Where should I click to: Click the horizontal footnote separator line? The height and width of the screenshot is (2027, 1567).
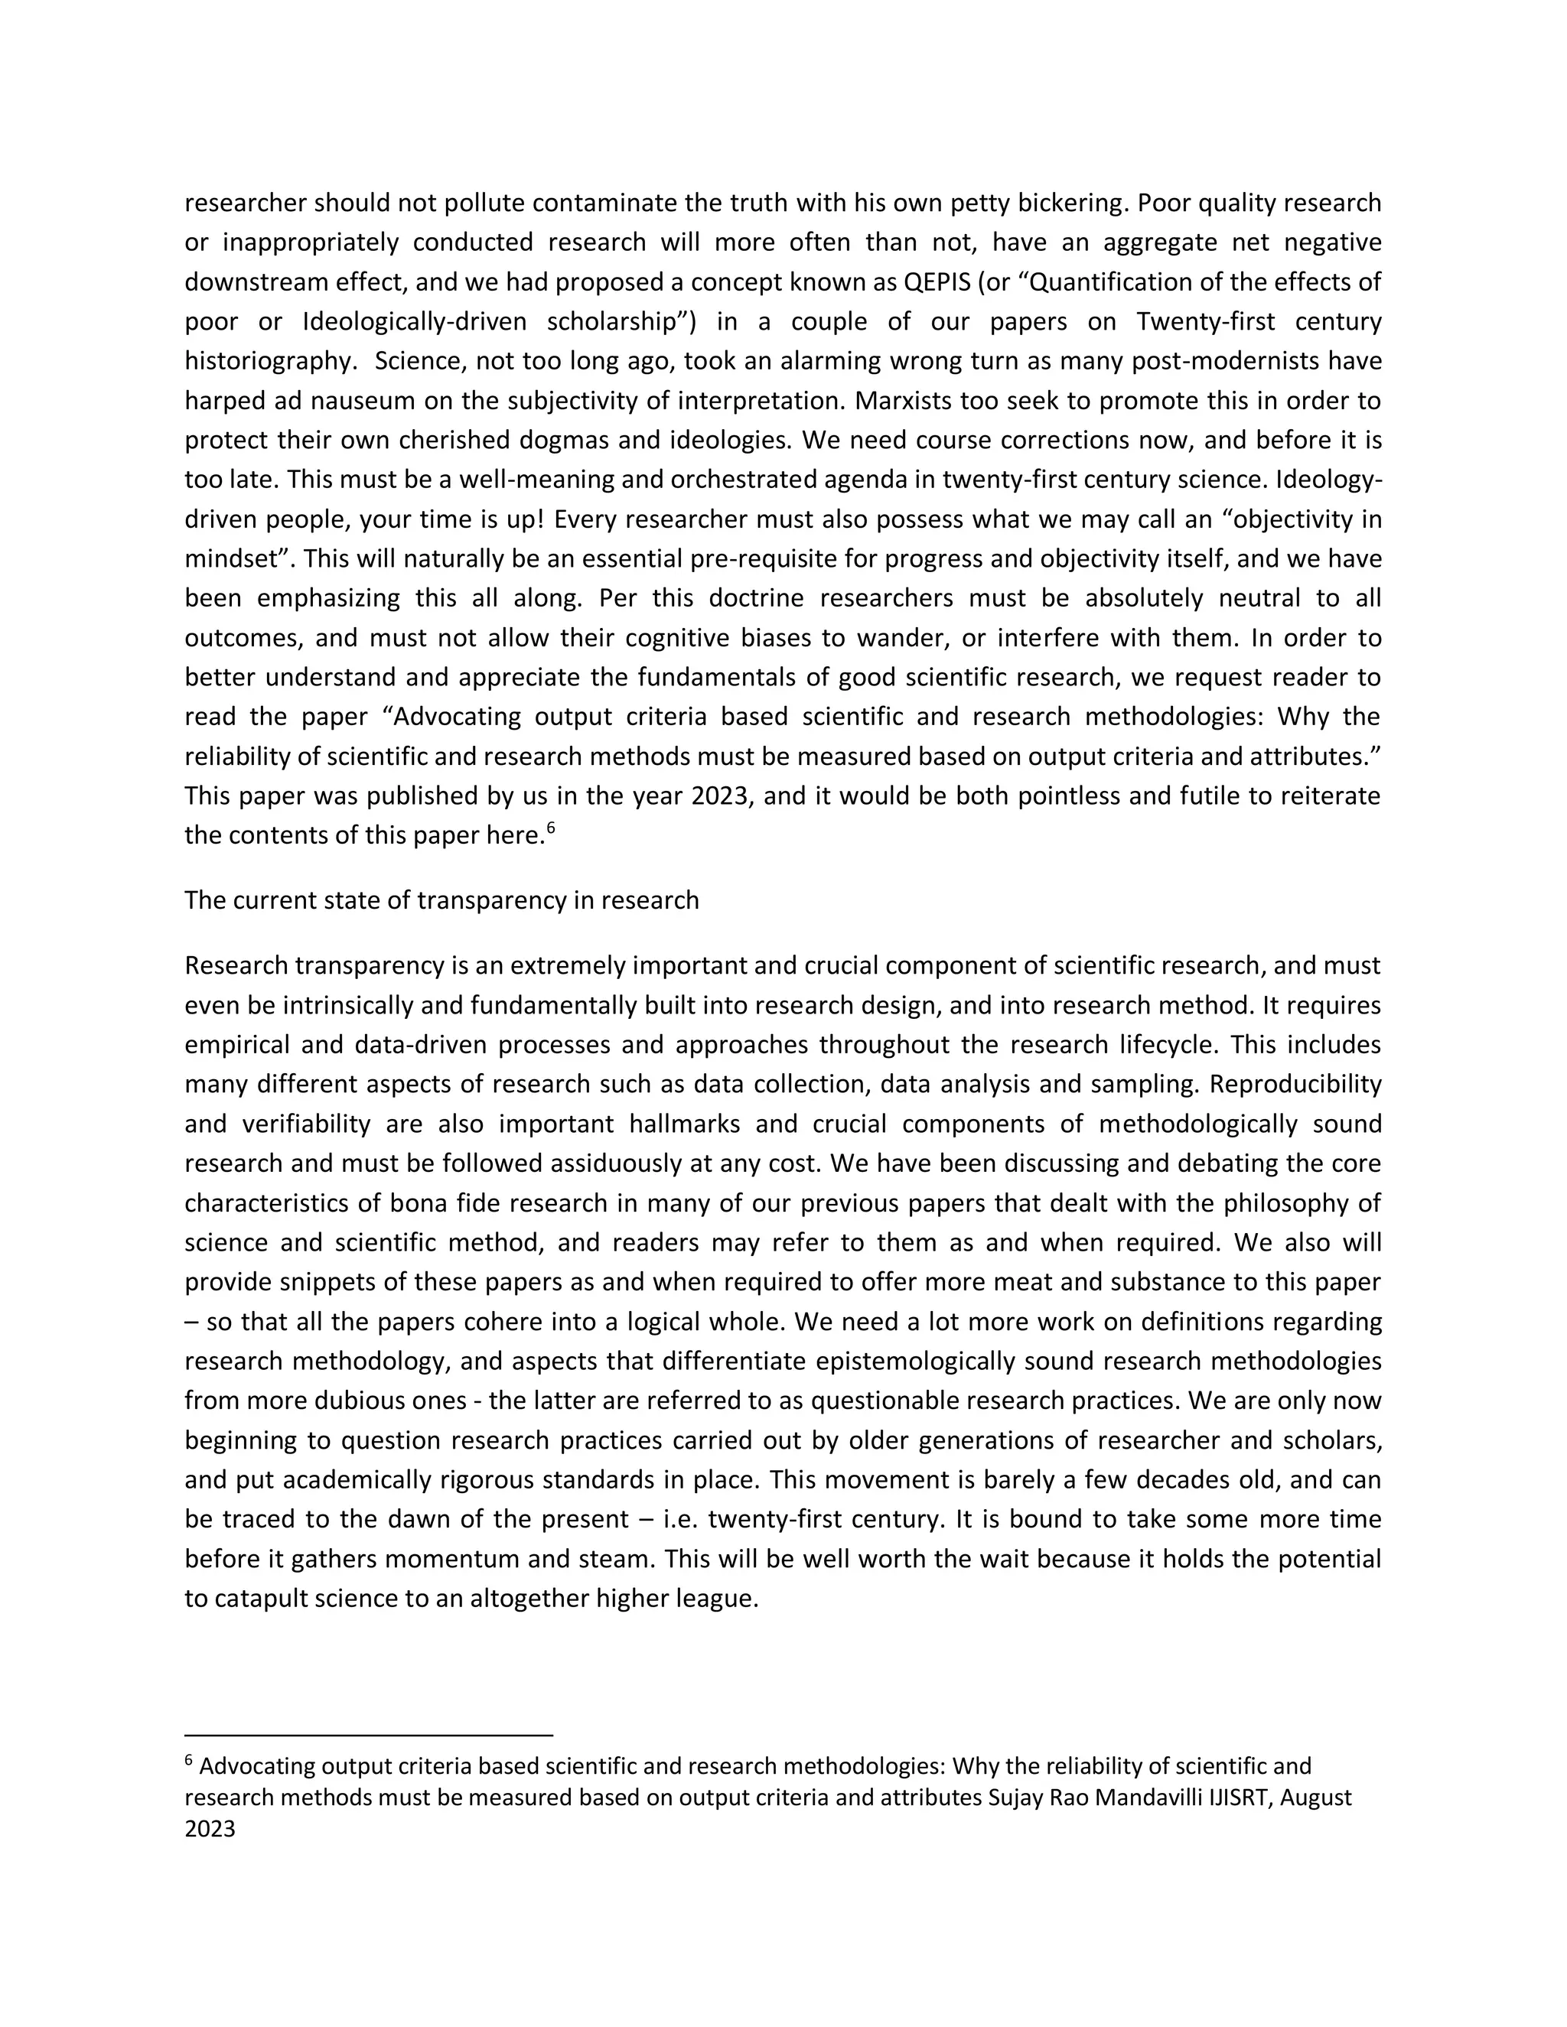pyautogui.click(x=369, y=1735)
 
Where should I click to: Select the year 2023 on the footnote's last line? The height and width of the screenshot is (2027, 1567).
pyautogui.click(x=210, y=1830)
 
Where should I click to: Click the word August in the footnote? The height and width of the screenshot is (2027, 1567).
pyautogui.click(x=1319, y=1797)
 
